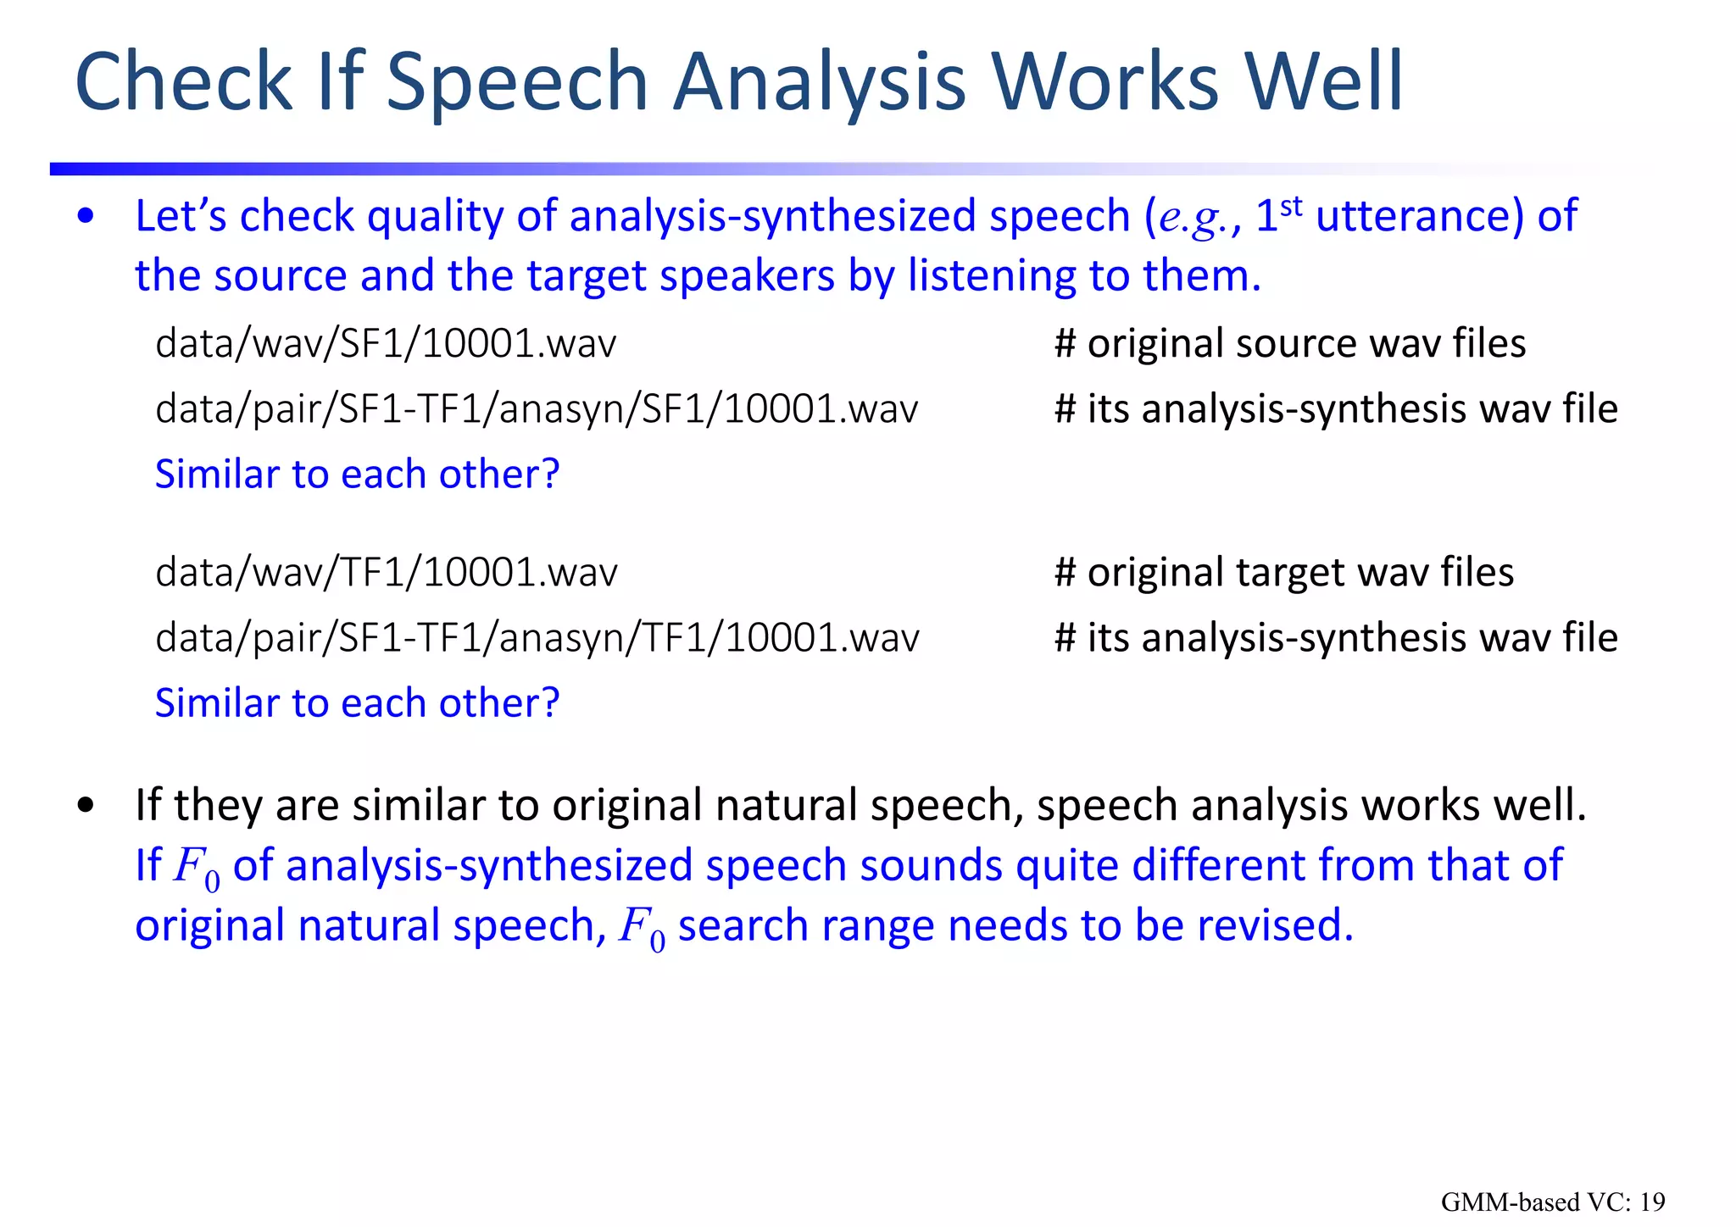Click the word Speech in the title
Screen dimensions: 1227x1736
pos(516,82)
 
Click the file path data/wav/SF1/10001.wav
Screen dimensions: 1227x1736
pos(386,344)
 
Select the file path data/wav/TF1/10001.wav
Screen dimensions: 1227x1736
pos(387,573)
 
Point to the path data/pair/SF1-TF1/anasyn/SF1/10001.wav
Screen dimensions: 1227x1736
pos(537,409)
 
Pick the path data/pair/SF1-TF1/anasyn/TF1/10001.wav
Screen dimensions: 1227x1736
pos(537,638)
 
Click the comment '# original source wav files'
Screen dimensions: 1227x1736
pos(1289,344)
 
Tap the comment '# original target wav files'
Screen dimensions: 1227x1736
pos(1283,573)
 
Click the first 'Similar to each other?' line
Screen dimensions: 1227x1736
pos(357,475)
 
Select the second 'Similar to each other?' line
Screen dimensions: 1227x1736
pos(357,703)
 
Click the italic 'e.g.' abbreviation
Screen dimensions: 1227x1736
pos(1190,219)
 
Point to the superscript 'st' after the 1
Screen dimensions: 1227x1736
pos(1290,206)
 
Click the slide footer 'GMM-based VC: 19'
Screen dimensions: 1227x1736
pos(1552,1202)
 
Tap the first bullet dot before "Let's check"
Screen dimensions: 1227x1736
pos(85,217)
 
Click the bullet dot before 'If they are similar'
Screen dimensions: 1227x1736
pos(85,806)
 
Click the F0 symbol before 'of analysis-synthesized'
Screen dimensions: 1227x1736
pos(196,868)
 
